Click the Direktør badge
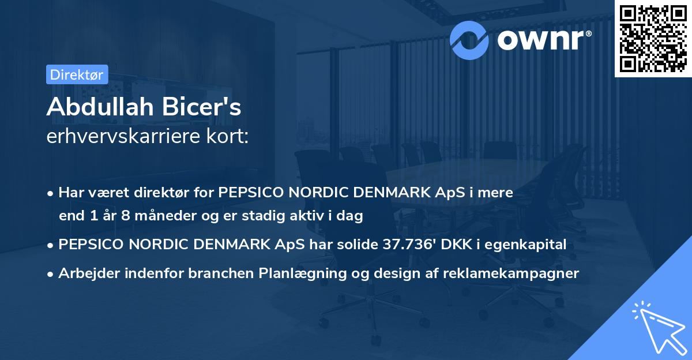(x=77, y=74)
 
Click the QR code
(x=653, y=38)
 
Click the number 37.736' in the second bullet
(x=411, y=245)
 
